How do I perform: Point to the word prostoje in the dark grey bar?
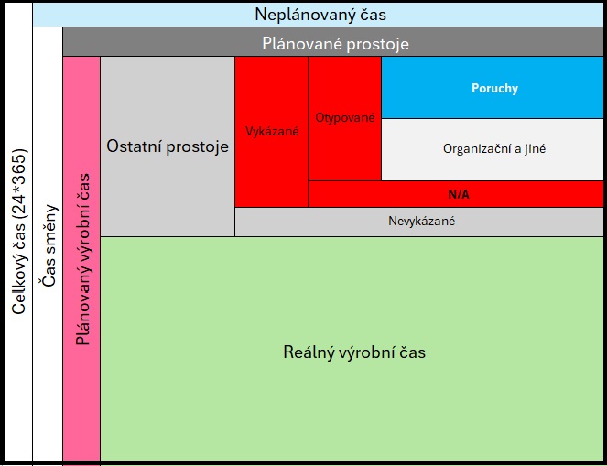377,45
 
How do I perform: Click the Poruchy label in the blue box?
494,88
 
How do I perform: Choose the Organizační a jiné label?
494,149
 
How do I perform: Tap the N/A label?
459,194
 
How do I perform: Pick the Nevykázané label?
421,221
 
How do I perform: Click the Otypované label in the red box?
345,118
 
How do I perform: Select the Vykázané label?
272,132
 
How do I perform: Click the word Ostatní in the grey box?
134,146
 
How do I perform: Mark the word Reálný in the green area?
309,352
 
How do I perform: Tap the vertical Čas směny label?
49,245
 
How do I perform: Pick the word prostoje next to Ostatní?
198,147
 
